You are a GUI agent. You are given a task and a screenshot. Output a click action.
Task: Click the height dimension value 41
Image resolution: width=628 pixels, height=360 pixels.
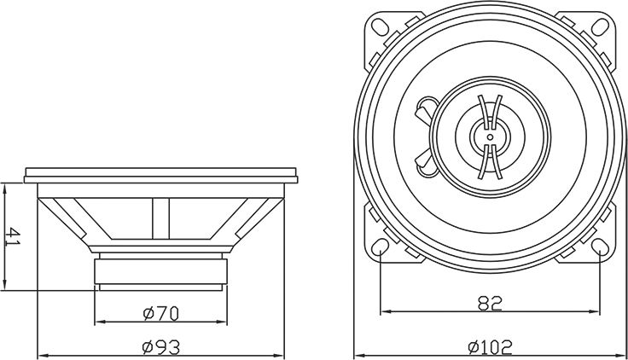point(12,236)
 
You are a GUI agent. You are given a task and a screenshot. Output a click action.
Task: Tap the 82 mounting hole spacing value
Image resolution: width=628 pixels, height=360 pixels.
point(491,301)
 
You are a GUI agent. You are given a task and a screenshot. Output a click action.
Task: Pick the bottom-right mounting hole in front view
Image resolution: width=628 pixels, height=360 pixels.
point(600,248)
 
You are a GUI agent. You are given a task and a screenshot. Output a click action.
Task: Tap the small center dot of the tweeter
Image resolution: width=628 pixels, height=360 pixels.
point(491,136)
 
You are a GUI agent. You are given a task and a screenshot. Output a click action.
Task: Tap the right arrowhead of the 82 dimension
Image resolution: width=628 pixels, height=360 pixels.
point(596,311)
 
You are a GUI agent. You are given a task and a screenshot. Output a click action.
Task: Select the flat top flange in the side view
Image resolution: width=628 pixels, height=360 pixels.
point(161,175)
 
